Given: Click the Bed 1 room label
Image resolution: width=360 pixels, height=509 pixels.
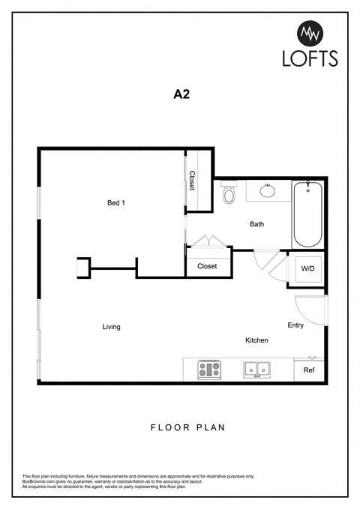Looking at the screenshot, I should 115,202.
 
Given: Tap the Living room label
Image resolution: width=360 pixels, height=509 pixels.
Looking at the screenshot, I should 112,327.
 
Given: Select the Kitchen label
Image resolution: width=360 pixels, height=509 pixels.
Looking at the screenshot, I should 256,340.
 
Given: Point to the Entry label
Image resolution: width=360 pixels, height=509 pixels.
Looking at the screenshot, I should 295,325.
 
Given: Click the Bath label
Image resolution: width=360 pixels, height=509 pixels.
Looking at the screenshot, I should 256,224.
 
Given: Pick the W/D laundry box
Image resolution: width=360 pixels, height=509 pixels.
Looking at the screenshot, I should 307,268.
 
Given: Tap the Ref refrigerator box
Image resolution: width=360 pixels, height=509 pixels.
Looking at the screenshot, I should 309,370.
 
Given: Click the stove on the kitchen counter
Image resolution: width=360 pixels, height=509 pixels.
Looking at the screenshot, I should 209,369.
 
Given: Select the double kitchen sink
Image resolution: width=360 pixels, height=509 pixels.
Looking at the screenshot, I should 256,369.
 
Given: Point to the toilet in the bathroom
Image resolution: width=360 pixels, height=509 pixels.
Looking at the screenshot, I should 229,195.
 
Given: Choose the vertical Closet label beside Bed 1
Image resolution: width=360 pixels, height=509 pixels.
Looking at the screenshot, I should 193,181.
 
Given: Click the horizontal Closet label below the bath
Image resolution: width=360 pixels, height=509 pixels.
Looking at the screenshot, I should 207,266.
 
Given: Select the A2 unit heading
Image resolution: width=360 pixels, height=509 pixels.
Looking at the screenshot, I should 179,95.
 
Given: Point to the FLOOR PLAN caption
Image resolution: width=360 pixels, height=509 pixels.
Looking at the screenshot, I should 187,428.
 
